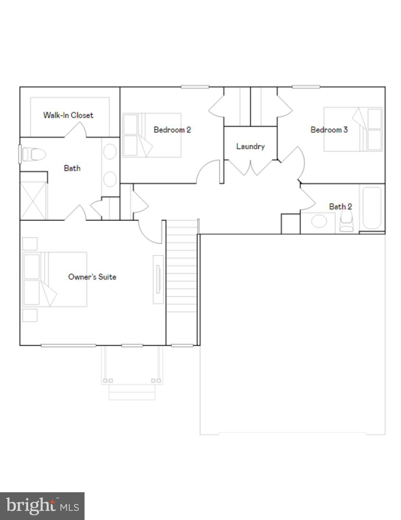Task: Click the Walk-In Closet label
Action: [x=68, y=115]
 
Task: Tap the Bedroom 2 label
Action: [x=172, y=130]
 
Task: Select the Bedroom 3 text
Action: [x=329, y=130]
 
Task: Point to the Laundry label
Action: [x=250, y=146]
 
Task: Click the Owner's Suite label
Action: [x=92, y=277]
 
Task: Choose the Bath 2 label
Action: [x=340, y=207]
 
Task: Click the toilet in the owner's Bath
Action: [x=33, y=155]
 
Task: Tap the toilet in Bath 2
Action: [x=346, y=222]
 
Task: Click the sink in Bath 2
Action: [x=319, y=222]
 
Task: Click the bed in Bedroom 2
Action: [x=151, y=135]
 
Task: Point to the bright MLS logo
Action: [x=42, y=506]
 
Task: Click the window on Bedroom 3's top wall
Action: [x=306, y=87]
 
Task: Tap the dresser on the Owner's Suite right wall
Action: [x=158, y=279]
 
